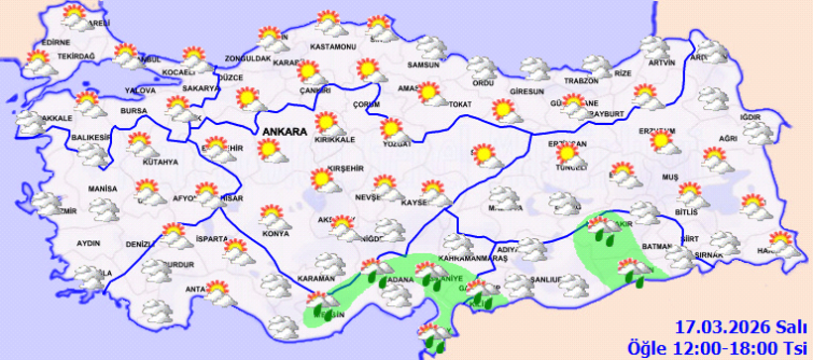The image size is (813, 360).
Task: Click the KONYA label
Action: [276, 234]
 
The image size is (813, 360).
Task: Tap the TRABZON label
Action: [583, 81]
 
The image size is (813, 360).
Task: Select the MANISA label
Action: [102, 188]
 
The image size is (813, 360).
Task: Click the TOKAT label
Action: [458, 104]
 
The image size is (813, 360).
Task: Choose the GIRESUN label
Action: [526, 92]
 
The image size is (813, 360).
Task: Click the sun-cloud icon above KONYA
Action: [271, 216]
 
